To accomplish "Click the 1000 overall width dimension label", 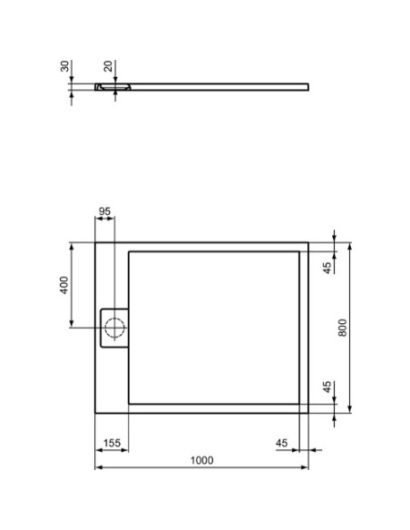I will (201, 460).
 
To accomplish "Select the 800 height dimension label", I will (342, 327).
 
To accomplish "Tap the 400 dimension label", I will (63, 285).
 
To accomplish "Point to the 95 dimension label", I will (104, 211).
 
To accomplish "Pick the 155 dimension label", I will (112, 442).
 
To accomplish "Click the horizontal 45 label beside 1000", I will (281, 442).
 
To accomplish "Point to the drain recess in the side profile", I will (114, 88).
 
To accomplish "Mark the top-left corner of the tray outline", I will (95, 241).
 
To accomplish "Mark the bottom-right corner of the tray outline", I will (308, 412).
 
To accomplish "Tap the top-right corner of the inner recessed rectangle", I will (300, 251).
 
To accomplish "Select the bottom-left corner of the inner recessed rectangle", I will (129, 402).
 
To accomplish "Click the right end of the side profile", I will (307, 87).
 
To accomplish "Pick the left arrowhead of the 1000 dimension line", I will (98, 468).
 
